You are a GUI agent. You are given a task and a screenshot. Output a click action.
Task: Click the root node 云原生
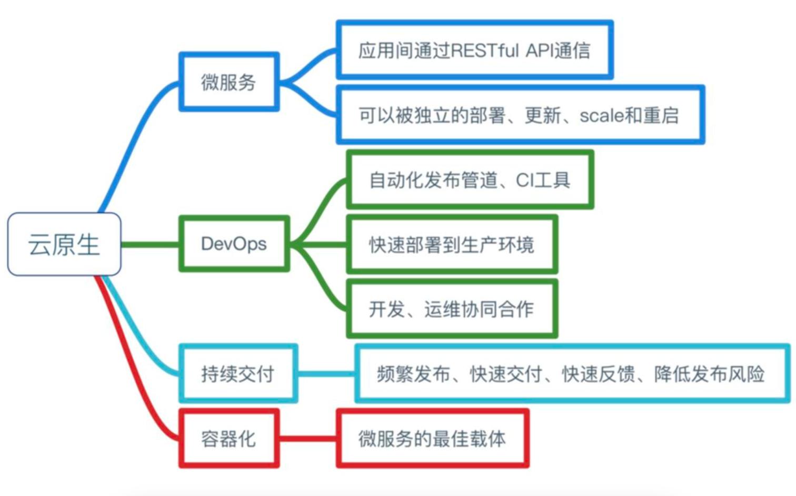(x=64, y=244)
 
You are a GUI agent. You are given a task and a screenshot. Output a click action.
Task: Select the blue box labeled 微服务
(x=229, y=82)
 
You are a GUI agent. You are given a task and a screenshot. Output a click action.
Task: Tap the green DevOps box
(x=234, y=244)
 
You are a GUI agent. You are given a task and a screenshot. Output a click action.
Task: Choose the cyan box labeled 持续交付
(x=238, y=373)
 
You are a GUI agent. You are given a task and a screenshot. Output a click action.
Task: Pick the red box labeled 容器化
(x=229, y=439)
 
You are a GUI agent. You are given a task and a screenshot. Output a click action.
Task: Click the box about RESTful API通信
(x=475, y=49)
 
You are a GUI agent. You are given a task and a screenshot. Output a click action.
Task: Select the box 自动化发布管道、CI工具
(x=470, y=180)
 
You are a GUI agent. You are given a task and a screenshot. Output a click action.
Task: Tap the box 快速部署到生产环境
(x=452, y=244)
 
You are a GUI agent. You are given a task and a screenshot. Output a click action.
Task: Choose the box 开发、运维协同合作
(x=452, y=309)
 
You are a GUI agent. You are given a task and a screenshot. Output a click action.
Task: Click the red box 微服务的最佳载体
(x=432, y=439)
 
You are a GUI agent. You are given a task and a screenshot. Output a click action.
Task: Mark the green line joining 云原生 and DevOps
(x=150, y=244)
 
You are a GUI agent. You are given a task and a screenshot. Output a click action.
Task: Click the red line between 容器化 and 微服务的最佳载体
(x=308, y=439)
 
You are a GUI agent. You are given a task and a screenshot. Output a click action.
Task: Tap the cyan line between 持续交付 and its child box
(x=326, y=374)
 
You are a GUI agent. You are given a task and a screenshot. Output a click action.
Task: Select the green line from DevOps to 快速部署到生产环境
(x=319, y=244)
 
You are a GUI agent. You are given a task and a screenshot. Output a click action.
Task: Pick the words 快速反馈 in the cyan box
(x=599, y=374)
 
